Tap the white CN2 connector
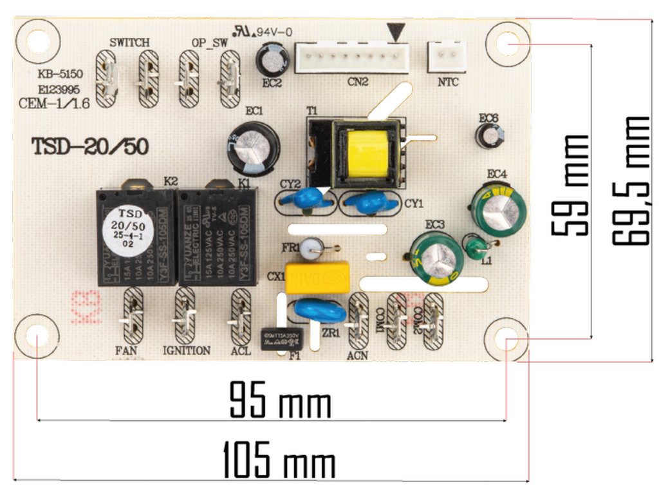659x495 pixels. (x=352, y=58)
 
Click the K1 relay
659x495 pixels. (x=217, y=237)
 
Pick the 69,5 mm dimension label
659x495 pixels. (x=629, y=180)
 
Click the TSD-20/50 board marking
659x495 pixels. (x=90, y=147)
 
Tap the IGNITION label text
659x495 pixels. (x=186, y=351)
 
